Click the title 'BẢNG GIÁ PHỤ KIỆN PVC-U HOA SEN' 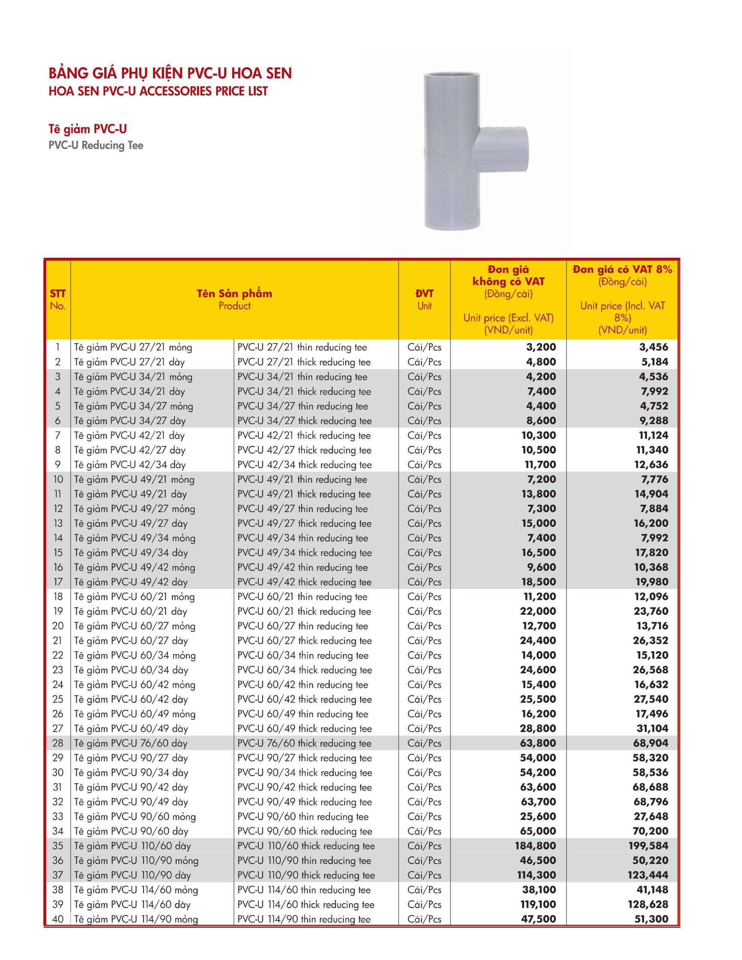tap(170, 73)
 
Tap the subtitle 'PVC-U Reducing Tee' tap(96, 145)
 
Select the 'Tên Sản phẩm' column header tap(234, 294)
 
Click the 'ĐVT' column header tap(424, 294)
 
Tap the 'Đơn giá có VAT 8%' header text tap(622, 270)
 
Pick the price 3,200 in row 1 tap(541, 347)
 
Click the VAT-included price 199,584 tap(648, 846)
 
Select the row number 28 tap(58, 743)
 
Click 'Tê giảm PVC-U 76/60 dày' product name tap(131, 743)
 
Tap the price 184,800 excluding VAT tap(535, 846)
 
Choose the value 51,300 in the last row tap(651, 919)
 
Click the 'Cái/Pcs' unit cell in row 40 tap(424, 919)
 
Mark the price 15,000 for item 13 tap(538, 523)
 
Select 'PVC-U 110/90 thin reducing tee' tap(304, 861)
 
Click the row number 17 tap(58, 582)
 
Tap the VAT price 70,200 tap(650, 831)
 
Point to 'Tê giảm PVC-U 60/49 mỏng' tap(135, 714)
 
